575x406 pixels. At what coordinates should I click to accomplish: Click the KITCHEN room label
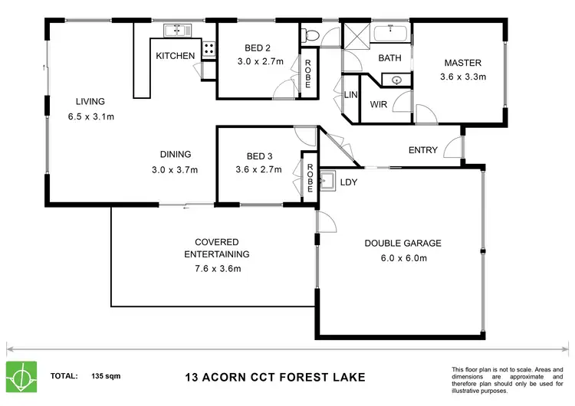(176, 56)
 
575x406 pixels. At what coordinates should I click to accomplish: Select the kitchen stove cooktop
(208, 50)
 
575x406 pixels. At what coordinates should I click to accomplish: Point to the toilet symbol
(309, 34)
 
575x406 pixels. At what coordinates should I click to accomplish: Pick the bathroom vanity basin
(396, 79)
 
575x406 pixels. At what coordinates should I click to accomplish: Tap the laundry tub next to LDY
(327, 182)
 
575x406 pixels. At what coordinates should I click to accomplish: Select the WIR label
(378, 104)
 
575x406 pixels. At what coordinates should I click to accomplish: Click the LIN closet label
(351, 94)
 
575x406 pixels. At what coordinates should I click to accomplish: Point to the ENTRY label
(422, 150)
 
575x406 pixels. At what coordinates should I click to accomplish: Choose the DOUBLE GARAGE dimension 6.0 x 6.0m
(402, 258)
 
